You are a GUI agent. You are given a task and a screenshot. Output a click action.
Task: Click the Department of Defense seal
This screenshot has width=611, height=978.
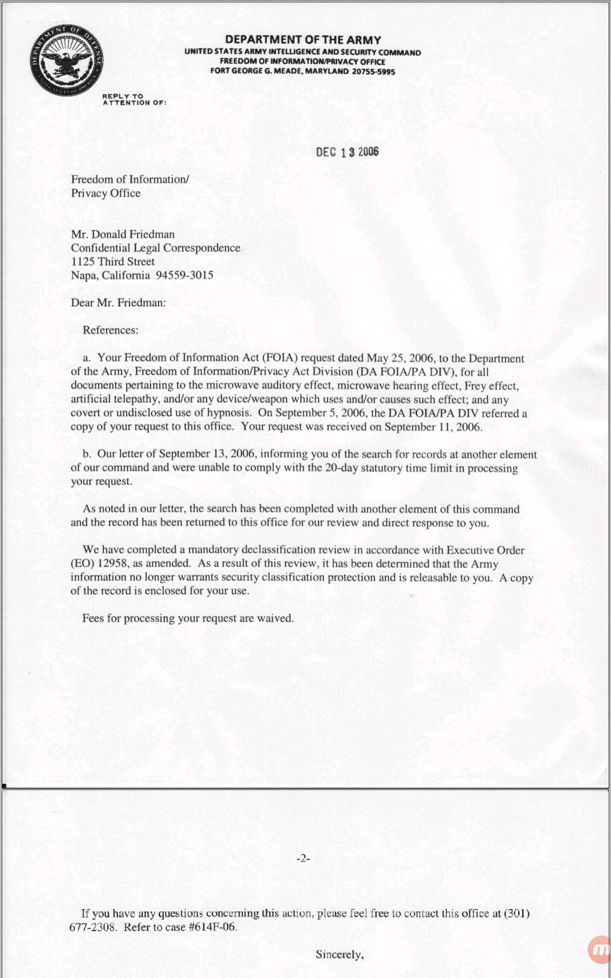click(x=66, y=60)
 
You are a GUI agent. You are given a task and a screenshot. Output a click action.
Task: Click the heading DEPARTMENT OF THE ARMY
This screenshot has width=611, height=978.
click(x=303, y=40)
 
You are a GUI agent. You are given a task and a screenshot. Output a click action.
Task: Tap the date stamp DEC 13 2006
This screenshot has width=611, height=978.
click(x=347, y=152)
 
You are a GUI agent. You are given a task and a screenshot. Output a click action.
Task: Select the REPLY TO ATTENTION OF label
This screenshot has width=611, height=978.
click(x=134, y=99)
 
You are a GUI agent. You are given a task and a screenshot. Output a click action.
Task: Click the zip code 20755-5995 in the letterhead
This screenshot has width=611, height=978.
click(x=373, y=71)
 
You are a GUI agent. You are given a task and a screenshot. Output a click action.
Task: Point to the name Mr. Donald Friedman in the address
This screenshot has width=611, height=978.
click(x=123, y=235)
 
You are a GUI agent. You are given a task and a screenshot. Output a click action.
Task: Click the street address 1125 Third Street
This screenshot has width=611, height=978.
click(x=113, y=261)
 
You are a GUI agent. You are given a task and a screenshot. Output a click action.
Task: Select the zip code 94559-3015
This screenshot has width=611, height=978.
click(x=184, y=275)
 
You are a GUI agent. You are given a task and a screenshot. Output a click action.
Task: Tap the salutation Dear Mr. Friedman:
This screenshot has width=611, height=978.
click(x=118, y=303)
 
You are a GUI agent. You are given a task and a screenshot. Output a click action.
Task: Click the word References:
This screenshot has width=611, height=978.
click(x=110, y=330)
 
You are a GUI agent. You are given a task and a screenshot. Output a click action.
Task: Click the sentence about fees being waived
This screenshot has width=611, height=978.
click(x=188, y=619)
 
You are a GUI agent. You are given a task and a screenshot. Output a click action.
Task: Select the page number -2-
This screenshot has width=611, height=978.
click(x=303, y=858)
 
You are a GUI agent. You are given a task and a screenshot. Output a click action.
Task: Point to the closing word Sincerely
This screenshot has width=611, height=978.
click(x=339, y=955)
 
